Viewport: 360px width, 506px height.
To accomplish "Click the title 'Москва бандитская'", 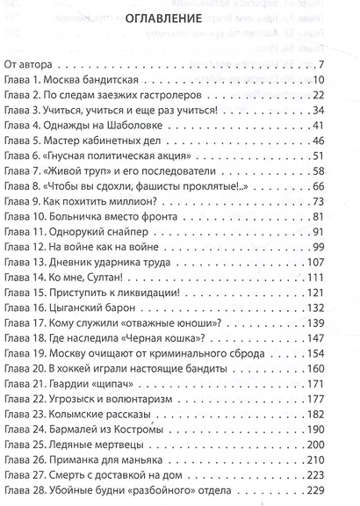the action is coord(96,79).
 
